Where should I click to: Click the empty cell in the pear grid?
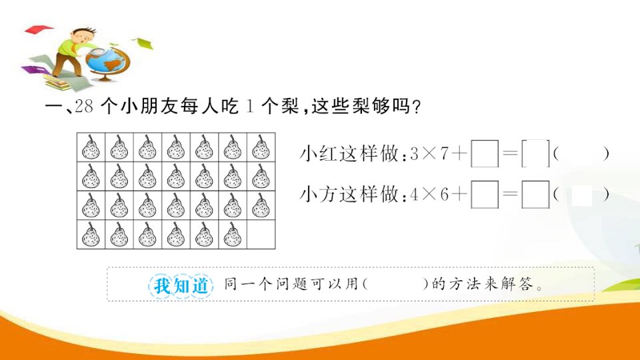click(x=261, y=235)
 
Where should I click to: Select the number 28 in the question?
click(x=85, y=106)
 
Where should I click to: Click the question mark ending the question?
click(x=416, y=107)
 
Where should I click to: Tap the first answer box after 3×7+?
click(x=485, y=153)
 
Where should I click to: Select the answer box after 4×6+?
click(x=485, y=194)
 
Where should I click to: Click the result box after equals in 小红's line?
click(x=535, y=153)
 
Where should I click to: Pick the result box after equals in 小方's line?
click(x=535, y=194)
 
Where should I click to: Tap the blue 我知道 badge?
click(x=181, y=285)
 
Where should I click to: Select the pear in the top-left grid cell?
click(x=91, y=147)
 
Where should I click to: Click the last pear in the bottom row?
click(x=233, y=235)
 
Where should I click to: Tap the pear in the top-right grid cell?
click(x=261, y=147)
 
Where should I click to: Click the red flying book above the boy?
click(x=39, y=29)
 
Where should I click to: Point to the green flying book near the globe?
click(x=143, y=43)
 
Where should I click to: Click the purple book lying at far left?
click(x=33, y=70)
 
